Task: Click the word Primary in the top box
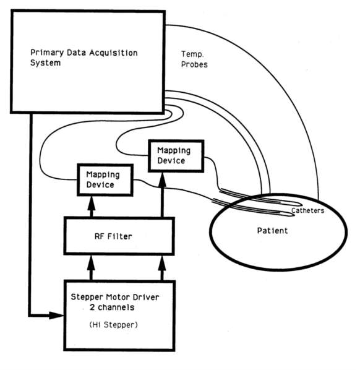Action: (47, 53)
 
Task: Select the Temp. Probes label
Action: (194, 59)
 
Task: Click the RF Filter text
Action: (113, 236)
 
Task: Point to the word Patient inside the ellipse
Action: (273, 230)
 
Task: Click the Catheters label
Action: (307, 210)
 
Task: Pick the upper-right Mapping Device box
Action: (176, 156)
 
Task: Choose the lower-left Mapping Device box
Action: (105, 180)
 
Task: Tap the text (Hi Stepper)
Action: (113, 325)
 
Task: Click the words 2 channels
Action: (112, 308)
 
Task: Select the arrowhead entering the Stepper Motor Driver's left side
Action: (56, 315)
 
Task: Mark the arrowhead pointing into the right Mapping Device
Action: (162, 179)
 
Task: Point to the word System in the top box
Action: (46, 63)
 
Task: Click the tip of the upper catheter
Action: (301, 204)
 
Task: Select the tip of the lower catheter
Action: (294, 215)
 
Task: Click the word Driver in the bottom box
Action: (146, 297)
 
